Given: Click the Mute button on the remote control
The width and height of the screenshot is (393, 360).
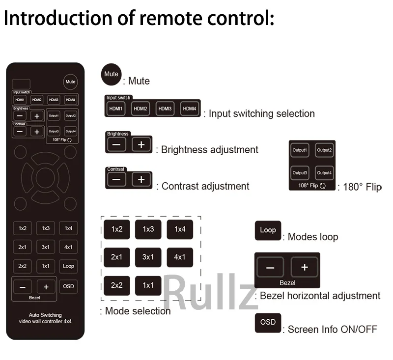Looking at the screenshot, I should [x=70, y=82].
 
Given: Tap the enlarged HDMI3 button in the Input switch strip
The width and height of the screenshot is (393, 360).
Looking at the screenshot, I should [x=165, y=108].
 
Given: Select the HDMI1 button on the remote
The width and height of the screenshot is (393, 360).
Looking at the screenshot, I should [x=20, y=100].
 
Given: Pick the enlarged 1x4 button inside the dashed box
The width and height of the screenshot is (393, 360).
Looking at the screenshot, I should [x=180, y=229].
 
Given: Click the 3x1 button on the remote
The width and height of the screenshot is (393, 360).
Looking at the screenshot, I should [x=45, y=247].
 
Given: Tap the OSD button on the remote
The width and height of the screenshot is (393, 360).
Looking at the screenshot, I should [x=68, y=286].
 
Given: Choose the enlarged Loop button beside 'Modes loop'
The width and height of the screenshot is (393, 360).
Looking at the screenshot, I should [x=268, y=230].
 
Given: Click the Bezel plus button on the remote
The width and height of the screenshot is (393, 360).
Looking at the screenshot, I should [x=46, y=287].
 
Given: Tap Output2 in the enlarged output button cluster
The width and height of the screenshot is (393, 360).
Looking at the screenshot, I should [x=324, y=151].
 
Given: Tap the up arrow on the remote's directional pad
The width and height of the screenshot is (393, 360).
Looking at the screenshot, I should [x=45, y=159].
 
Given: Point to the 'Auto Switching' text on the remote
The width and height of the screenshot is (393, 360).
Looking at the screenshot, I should [x=45, y=315].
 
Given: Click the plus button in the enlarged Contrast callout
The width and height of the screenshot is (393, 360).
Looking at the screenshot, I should [x=141, y=179].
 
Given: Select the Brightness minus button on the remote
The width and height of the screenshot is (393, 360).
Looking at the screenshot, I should [x=20, y=116].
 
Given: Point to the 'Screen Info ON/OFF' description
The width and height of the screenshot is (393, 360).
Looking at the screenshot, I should [x=332, y=330].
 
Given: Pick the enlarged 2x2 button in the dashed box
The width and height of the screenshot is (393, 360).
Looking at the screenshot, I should [x=116, y=285].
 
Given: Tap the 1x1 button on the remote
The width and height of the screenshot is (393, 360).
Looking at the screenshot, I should [x=45, y=266].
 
